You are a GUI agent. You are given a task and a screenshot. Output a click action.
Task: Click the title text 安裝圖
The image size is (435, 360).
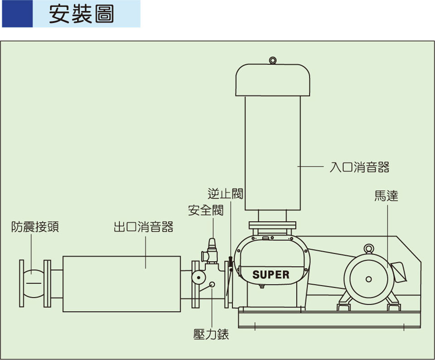82,14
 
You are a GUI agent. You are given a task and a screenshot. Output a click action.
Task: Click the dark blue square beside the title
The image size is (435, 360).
17,14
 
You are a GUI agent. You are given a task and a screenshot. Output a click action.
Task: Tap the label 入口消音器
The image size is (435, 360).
359,167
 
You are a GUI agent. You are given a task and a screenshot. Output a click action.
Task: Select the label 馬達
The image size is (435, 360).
386,196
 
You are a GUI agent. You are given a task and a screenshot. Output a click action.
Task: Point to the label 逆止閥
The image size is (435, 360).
225,194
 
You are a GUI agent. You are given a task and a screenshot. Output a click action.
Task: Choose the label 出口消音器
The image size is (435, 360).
144,227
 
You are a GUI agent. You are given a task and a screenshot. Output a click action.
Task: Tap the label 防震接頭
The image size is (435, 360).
35,227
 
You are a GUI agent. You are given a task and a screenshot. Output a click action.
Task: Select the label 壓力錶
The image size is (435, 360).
211,334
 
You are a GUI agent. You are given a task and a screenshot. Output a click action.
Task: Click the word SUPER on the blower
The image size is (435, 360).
271,274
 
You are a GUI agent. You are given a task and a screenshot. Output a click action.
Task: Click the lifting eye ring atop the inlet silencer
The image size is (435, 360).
272,60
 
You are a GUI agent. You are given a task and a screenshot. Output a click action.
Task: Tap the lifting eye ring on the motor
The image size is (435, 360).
369,248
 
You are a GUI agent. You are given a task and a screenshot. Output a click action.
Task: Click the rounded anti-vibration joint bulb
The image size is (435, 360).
32,283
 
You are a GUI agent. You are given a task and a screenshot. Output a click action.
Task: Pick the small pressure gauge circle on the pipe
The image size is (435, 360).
212,285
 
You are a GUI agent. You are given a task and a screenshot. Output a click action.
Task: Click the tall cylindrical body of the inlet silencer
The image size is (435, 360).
272,154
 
